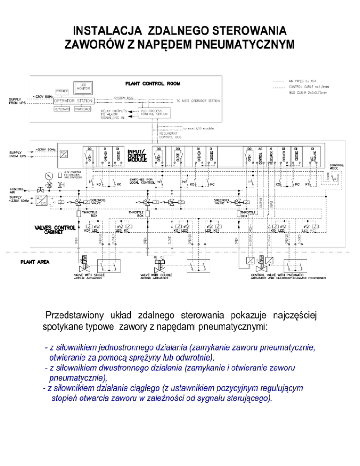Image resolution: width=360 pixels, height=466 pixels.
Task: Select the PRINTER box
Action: point(62,91)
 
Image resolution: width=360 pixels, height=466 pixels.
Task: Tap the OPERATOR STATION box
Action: point(73,101)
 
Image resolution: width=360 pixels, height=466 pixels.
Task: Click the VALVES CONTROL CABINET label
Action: point(56,229)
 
